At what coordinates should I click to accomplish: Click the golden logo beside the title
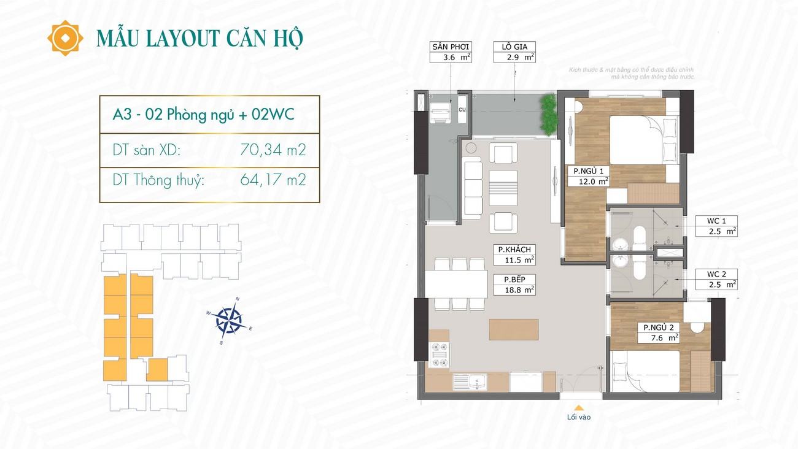pos(65,38)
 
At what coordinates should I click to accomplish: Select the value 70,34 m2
pos(273,150)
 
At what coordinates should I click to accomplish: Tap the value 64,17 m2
pos(273,180)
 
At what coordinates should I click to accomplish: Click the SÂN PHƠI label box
pos(451,52)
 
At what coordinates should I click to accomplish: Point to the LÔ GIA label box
pos(514,52)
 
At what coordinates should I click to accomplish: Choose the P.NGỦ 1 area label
pos(588,176)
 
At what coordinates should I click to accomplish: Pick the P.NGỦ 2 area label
pos(658,332)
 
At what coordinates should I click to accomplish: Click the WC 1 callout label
pos(716,226)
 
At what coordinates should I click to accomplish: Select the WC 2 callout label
pos(716,280)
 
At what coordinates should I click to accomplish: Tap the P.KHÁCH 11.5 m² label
pos(514,255)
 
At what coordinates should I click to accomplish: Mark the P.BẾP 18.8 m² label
pos(514,285)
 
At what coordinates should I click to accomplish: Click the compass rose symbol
pos(230,320)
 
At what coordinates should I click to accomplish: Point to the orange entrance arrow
pos(579,408)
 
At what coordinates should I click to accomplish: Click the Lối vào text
pos(579,417)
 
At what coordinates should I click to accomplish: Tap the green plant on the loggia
pos(548,115)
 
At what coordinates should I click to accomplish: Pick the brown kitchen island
pos(513,329)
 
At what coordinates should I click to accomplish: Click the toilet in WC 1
pos(640,238)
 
